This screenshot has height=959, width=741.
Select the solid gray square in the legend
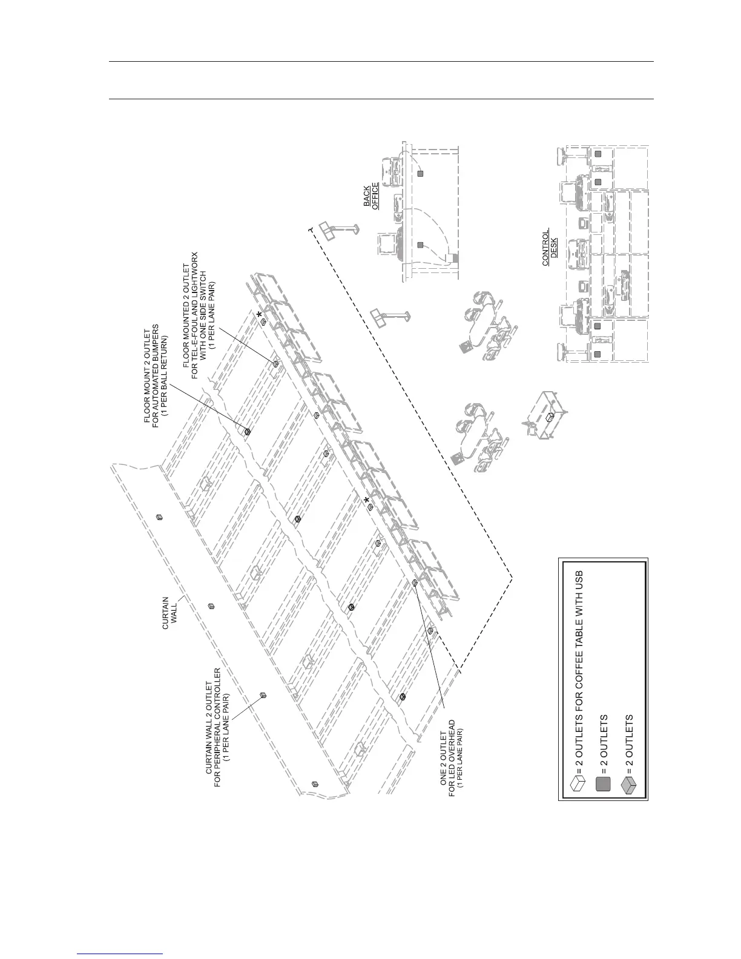(603, 785)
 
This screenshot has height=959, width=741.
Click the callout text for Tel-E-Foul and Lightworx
(203, 315)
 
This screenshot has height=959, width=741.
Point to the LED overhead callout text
(452, 759)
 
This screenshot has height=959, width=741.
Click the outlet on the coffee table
(550, 417)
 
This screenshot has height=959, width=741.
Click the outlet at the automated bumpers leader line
(247, 431)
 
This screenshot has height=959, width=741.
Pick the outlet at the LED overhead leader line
(415, 582)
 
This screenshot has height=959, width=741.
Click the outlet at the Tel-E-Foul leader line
(275, 364)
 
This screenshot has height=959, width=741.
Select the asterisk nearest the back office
(260, 315)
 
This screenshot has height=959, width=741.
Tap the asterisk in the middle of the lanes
(366, 499)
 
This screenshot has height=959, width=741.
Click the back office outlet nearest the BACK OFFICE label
(421, 174)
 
